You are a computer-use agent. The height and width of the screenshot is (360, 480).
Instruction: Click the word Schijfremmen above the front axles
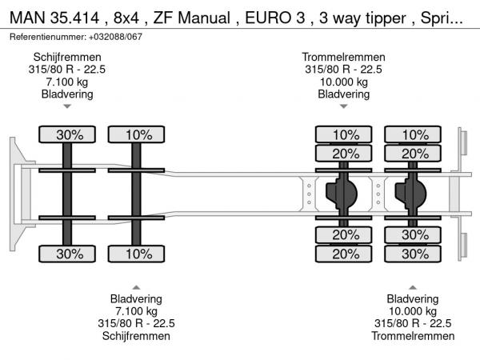[67, 57]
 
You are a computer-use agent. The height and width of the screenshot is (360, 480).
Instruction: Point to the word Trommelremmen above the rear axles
[344, 57]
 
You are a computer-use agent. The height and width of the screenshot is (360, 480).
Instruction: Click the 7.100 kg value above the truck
[67, 82]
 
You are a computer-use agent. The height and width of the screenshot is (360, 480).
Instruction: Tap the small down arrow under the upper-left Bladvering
[67, 106]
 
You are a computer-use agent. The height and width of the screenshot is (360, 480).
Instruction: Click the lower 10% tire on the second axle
[138, 254]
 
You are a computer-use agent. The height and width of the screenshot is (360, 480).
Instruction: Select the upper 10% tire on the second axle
[138, 135]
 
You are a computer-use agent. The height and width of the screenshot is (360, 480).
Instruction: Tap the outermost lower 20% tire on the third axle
[346, 254]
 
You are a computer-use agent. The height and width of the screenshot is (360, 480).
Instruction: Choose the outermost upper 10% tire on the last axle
[414, 135]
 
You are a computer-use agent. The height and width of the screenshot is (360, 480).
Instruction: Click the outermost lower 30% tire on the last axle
[414, 254]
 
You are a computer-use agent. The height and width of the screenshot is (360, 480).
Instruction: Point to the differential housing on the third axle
[342, 193]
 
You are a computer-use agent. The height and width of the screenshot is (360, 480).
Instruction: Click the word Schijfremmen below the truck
[136, 336]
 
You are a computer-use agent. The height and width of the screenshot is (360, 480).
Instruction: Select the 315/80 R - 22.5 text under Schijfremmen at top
[67, 69]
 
